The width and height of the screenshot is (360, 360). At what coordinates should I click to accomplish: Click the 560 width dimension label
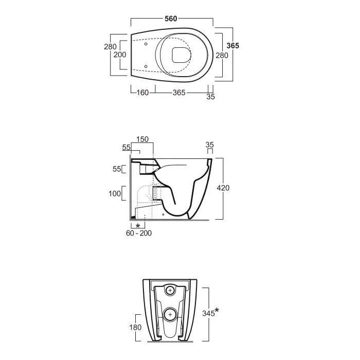[171, 19]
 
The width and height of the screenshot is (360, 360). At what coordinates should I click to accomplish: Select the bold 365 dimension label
[233, 46]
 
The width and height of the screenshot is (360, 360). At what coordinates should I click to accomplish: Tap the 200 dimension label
[120, 55]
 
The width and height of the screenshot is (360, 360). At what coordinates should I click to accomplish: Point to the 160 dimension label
[142, 93]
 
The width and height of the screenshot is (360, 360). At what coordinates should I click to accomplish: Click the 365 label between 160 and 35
[179, 93]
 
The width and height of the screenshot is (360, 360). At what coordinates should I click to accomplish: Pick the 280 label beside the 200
[110, 47]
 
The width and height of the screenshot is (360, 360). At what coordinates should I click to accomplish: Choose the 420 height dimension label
[223, 188]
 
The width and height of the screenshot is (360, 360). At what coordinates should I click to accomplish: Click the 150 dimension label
[142, 139]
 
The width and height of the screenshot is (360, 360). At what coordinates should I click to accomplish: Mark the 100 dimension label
[115, 193]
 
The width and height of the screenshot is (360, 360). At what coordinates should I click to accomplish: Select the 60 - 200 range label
[139, 233]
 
